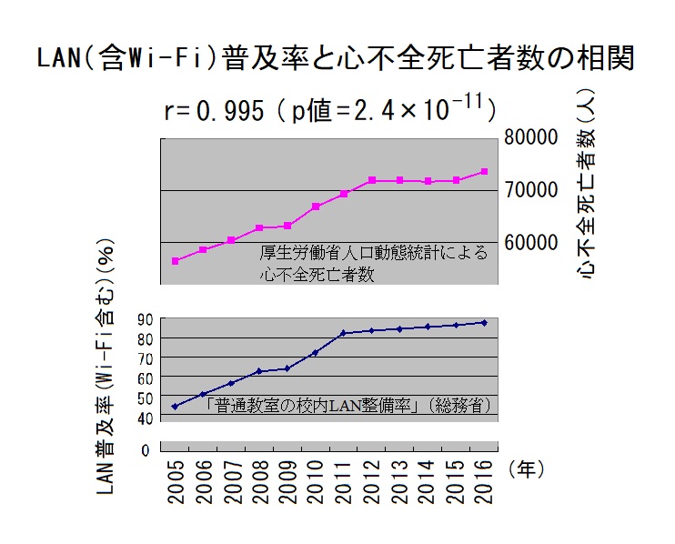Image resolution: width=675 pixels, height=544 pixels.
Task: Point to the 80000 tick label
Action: click(x=531, y=138)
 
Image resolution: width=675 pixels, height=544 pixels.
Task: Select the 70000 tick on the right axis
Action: click(x=531, y=190)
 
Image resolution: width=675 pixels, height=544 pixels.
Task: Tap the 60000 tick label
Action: click(x=531, y=243)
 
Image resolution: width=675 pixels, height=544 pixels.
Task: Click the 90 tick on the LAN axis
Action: click(x=144, y=318)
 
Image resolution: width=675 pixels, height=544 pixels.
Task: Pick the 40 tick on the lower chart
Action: click(x=144, y=418)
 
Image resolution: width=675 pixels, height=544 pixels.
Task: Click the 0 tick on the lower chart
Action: click(x=145, y=448)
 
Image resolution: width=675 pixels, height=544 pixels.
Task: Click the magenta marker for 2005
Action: click(x=175, y=261)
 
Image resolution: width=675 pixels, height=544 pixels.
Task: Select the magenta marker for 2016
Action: click(x=485, y=171)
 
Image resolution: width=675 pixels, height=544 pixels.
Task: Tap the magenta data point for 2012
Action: click(x=372, y=180)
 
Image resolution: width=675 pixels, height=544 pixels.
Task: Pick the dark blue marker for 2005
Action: click(x=175, y=406)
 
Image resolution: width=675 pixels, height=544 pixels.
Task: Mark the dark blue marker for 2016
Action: click(x=485, y=322)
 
